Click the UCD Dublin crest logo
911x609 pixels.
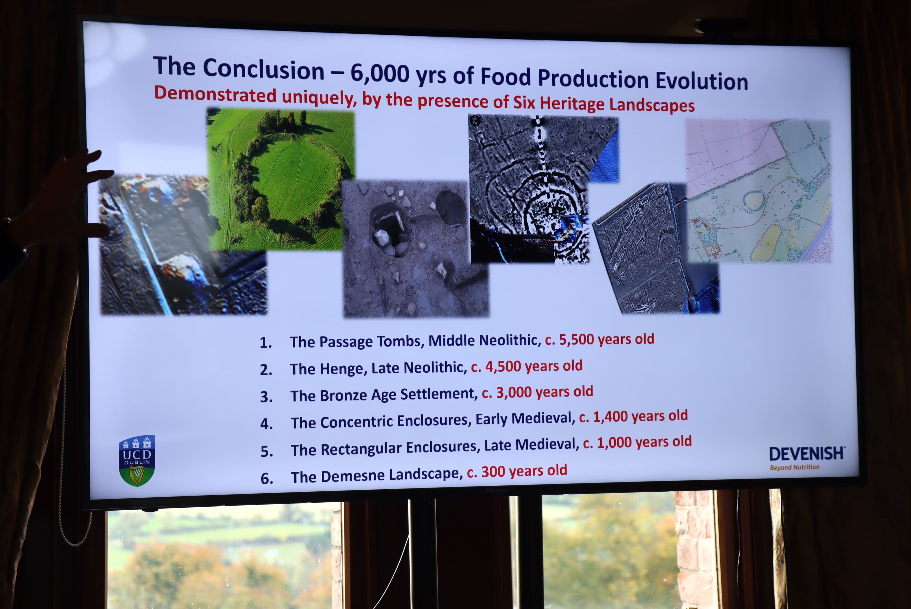(137, 460)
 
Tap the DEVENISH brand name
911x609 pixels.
(806, 453)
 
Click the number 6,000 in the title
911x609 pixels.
(380, 73)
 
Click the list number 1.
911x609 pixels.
(266, 343)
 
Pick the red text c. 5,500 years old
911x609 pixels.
(599, 339)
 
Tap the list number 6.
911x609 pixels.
(267, 479)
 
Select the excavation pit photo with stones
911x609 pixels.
(416, 249)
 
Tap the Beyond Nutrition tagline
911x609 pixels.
(795, 467)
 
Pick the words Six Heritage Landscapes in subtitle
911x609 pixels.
(604, 104)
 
